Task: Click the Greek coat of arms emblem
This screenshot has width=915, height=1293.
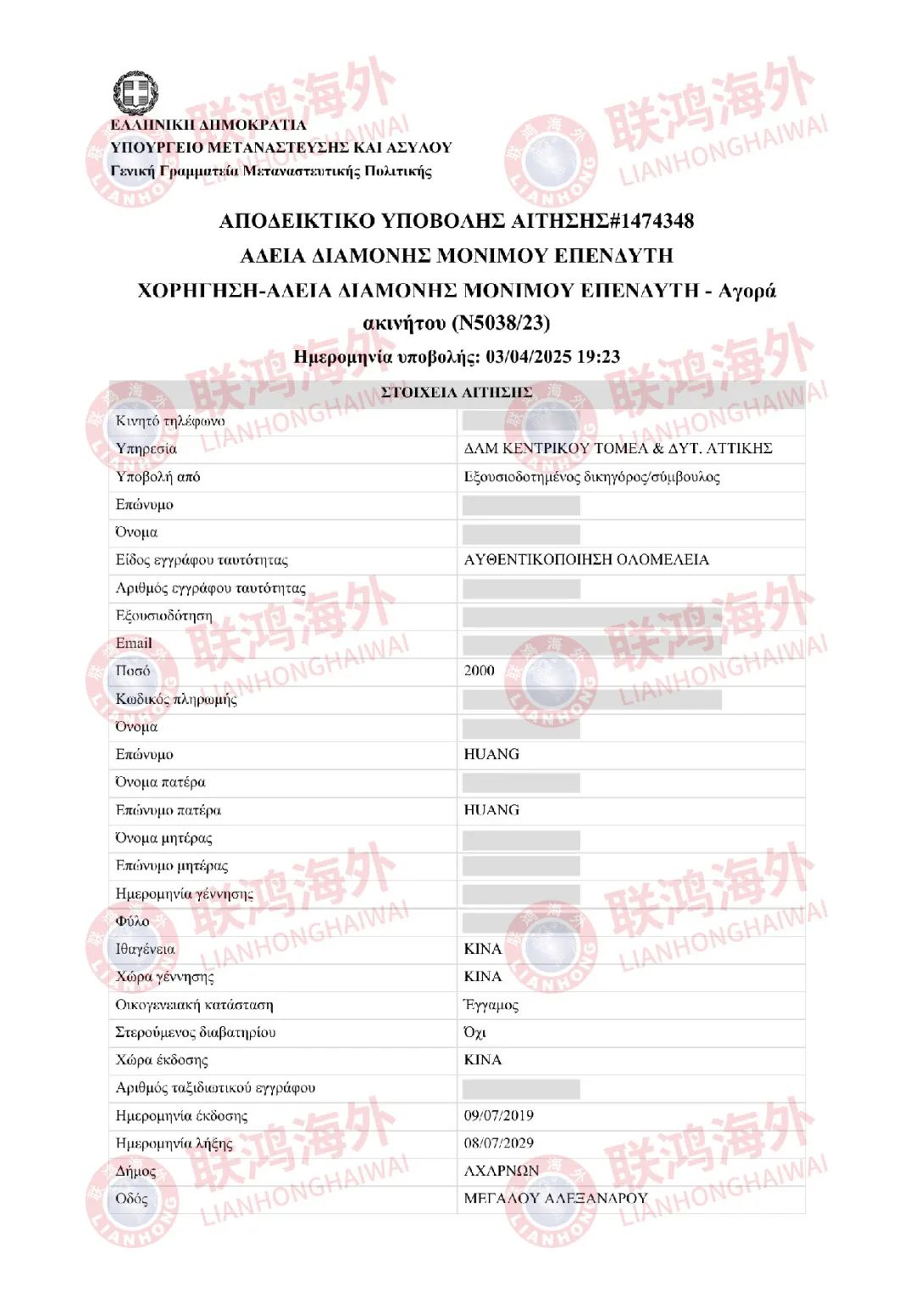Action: point(136,92)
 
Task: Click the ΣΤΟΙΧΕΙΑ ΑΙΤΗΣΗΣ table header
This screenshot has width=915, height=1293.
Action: point(457,392)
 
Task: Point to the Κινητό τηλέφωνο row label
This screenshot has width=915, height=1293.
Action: point(170,421)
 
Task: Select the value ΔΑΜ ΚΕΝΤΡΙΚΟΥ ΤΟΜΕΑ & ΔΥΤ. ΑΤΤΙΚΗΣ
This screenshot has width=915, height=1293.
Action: point(618,448)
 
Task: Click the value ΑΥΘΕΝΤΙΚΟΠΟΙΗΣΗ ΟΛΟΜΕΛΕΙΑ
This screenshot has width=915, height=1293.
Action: point(586,560)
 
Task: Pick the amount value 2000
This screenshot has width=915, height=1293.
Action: point(479,671)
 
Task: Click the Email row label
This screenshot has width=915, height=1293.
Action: point(134,643)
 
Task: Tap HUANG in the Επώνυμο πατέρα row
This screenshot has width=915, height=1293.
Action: point(491,810)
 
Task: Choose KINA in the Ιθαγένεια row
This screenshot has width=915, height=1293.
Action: point(483,949)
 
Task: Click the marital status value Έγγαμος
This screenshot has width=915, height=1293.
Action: point(491,1005)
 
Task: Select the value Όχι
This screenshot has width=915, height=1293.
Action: point(475,1033)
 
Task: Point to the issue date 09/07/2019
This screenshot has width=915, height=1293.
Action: point(498,1116)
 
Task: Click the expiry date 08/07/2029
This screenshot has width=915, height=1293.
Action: point(498,1143)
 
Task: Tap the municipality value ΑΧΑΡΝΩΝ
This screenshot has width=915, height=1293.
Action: point(502,1171)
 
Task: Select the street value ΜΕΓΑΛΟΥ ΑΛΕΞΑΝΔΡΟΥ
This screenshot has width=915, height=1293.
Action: point(556,1199)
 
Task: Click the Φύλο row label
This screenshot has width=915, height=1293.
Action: point(132,921)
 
